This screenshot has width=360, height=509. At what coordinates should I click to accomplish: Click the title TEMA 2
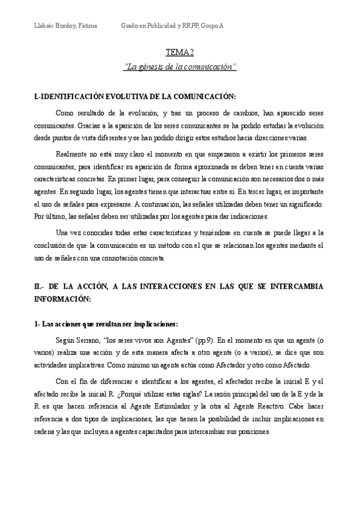[x=179, y=53]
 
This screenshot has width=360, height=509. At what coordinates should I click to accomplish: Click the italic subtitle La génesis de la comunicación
[x=179, y=67]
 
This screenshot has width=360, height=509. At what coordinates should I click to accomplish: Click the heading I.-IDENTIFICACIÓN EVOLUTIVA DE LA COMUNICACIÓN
[x=135, y=97]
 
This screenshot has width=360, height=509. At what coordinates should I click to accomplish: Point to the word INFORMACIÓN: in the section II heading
[x=63, y=298]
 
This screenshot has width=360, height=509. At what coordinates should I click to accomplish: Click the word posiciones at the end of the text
[x=252, y=433]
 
